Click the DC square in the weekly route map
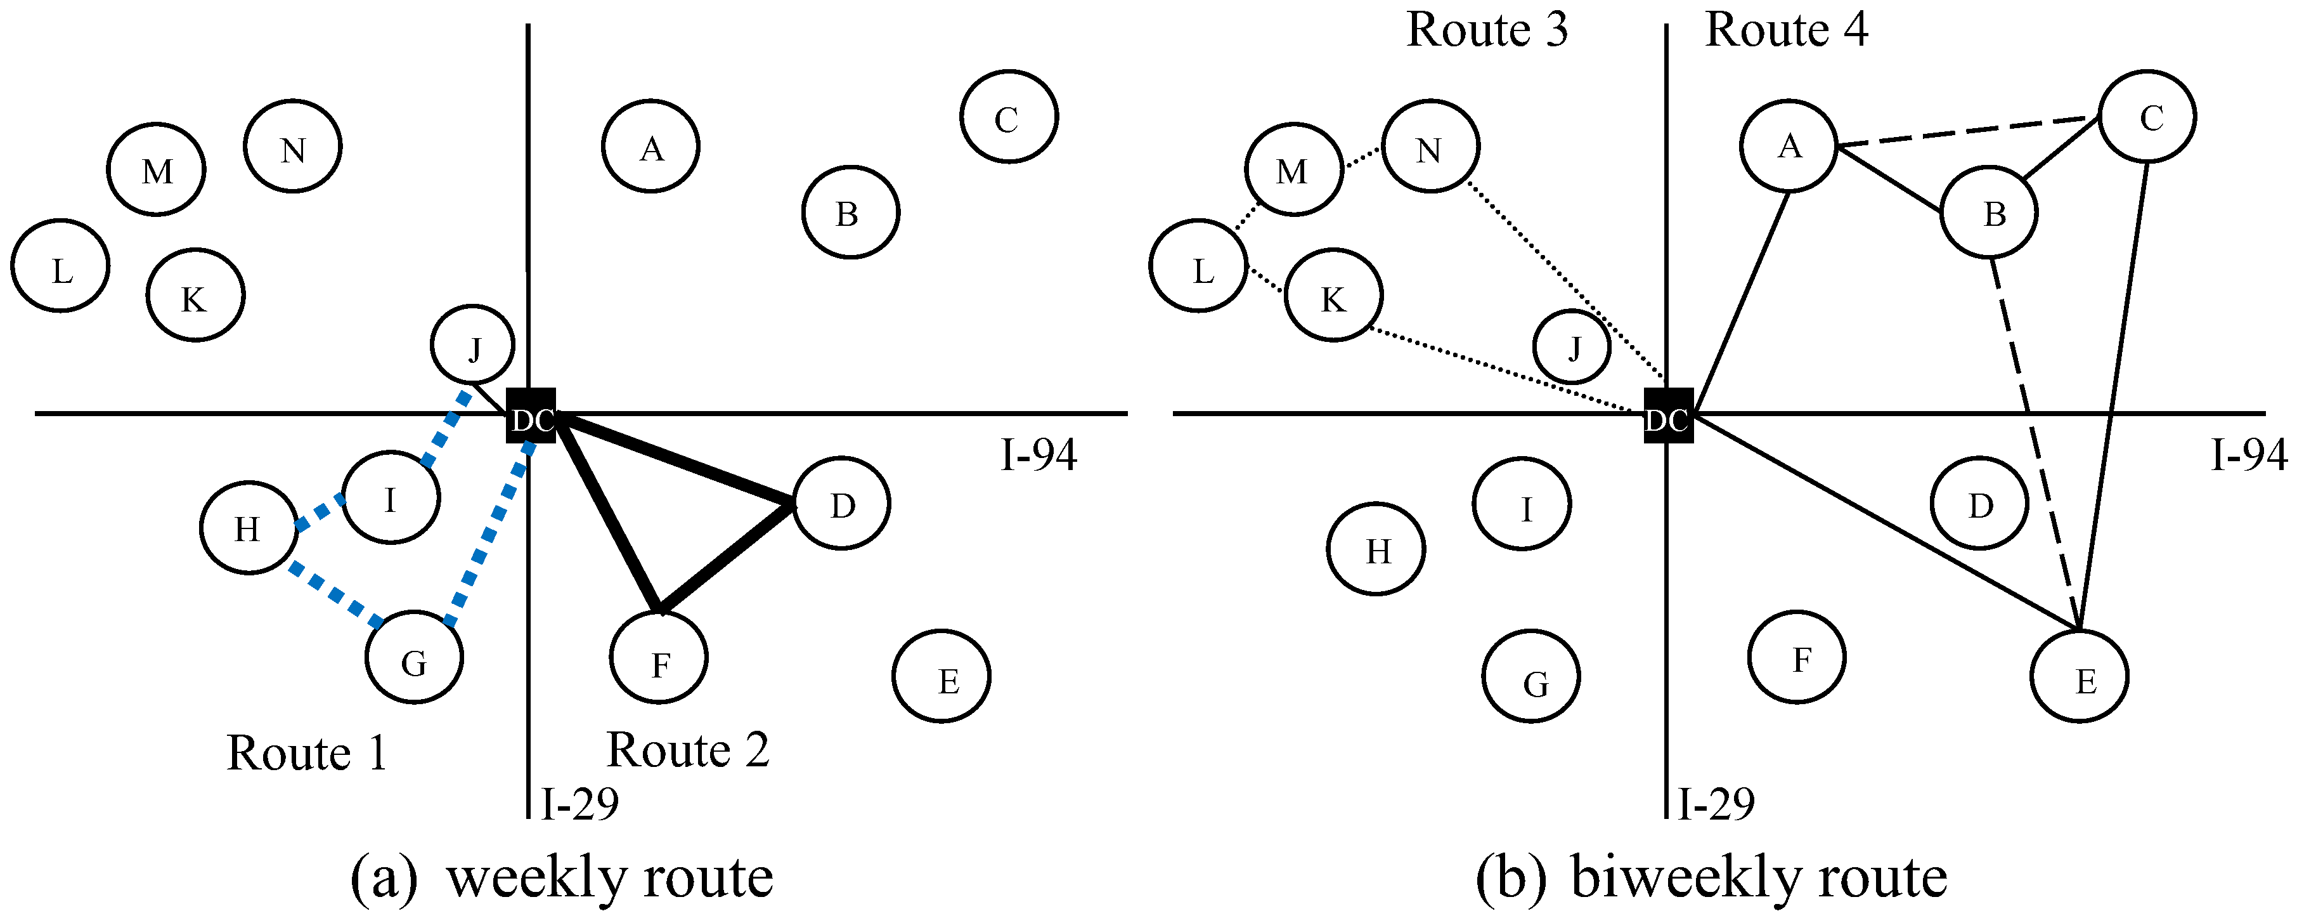pos(531,416)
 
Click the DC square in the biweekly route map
pos(1668,416)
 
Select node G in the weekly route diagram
pos(415,658)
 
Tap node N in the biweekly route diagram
pos(1430,147)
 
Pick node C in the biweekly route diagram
pos(2148,117)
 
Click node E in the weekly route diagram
pos(941,676)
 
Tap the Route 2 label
pos(687,749)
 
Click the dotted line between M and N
pos(1362,159)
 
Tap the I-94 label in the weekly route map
pos(1039,455)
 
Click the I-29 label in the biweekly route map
pos(1716,804)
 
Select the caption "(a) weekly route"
pos(562,879)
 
